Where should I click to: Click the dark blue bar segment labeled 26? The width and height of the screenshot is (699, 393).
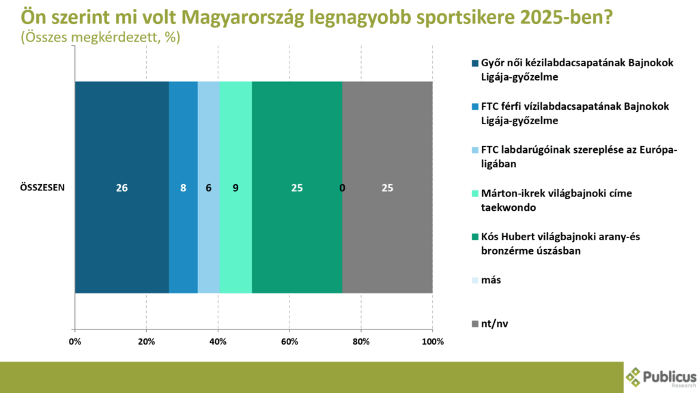click(122, 187)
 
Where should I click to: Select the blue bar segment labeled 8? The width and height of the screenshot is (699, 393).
click(183, 187)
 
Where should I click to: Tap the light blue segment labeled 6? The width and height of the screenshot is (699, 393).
click(209, 187)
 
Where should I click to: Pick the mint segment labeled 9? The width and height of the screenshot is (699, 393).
click(236, 187)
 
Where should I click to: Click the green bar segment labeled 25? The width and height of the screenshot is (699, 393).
click(298, 187)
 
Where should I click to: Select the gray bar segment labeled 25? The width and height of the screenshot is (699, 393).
click(388, 187)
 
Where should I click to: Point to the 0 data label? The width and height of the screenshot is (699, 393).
click(342, 188)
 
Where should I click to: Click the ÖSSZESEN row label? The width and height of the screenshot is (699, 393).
click(42, 188)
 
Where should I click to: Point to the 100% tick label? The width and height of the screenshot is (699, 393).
click(432, 342)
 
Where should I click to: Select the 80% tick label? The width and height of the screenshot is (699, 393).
click(361, 342)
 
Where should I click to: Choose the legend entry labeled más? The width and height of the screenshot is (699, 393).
click(486, 280)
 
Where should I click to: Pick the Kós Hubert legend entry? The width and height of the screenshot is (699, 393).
click(556, 244)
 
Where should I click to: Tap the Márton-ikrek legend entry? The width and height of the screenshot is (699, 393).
click(552, 201)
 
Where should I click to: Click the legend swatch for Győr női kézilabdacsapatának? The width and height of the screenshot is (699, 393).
click(475, 63)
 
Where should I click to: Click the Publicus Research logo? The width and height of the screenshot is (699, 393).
click(661, 377)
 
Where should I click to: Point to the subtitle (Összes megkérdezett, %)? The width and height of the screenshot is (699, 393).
click(101, 38)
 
